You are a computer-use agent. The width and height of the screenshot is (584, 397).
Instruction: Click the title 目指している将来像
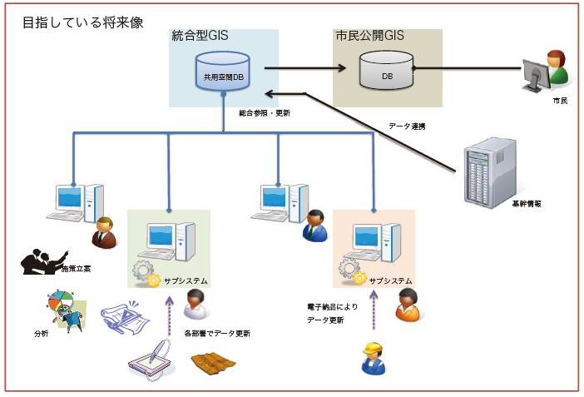[83, 23]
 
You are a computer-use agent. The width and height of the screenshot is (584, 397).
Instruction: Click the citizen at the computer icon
[545, 71]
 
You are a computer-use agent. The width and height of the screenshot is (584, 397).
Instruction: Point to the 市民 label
[560, 100]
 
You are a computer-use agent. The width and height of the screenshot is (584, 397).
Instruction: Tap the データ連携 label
[407, 127]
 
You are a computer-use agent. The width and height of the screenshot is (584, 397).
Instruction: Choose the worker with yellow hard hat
[372, 359]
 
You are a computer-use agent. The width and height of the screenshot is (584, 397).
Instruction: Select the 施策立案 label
[76, 270]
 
